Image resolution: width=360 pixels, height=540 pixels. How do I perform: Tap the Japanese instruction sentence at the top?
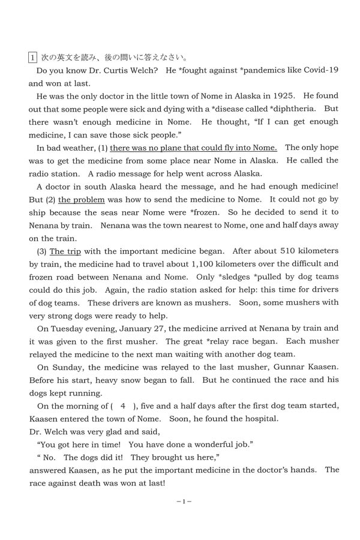(114, 58)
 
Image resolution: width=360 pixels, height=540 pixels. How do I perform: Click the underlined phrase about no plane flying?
(193, 148)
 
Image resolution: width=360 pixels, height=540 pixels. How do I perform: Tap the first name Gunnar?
(280, 367)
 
